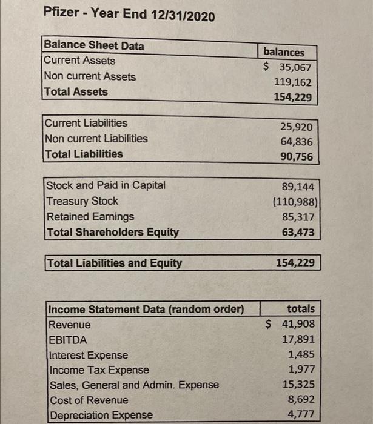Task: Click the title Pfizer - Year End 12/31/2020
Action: point(129,15)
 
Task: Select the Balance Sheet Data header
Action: point(94,45)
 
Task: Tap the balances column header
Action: point(284,52)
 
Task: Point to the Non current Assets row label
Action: point(90,76)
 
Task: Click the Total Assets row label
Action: point(76,92)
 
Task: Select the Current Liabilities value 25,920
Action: point(297,127)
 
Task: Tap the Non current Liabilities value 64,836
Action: point(297,142)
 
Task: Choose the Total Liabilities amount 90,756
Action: point(297,157)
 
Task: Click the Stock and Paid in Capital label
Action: point(106,185)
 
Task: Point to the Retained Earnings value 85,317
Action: point(298,216)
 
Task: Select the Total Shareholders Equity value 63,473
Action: point(298,231)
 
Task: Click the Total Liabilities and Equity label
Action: point(115,263)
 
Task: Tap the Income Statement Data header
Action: point(146,310)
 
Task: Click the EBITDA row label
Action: point(67,340)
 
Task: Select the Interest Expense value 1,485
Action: point(301,354)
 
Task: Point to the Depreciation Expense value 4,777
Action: point(301,415)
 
